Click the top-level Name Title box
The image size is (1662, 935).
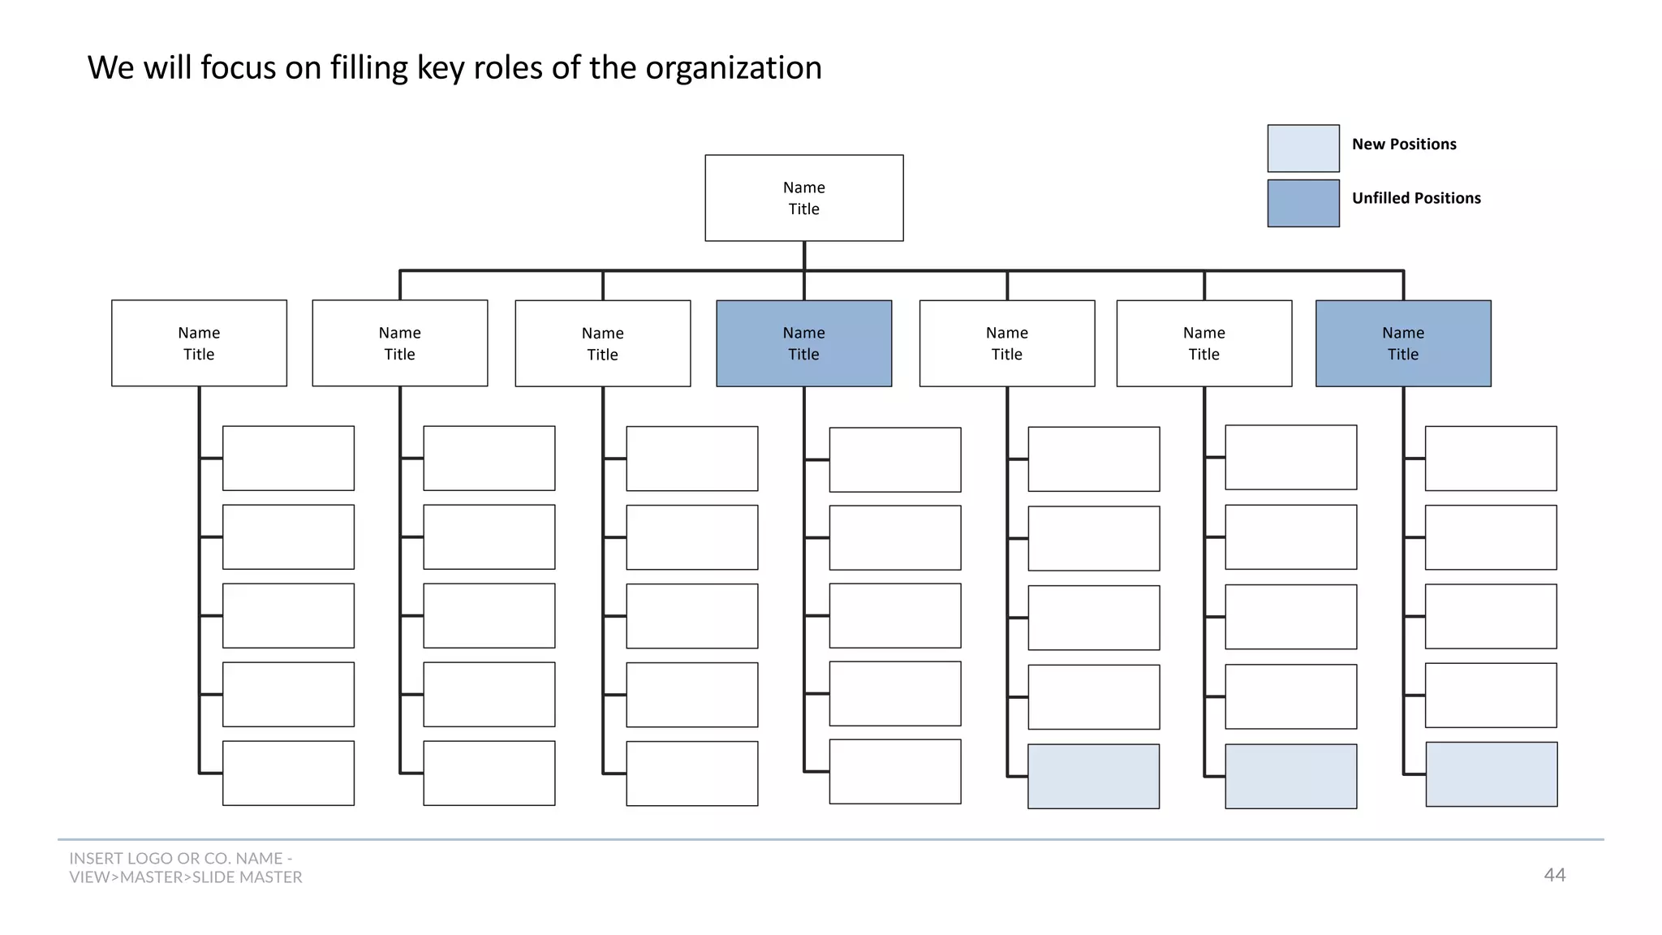click(803, 198)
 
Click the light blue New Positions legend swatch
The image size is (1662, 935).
click(1303, 148)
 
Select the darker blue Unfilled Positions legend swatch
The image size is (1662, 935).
click(1303, 203)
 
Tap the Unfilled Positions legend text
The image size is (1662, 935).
click(1416, 198)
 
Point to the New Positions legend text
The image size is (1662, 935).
click(1404, 144)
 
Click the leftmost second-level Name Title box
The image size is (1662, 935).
click(199, 343)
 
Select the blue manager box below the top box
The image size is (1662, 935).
click(803, 343)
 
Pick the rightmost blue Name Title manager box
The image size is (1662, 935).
click(1403, 343)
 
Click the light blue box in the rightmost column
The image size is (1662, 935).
click(1491, 774)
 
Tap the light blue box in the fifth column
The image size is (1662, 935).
click(1093, 776)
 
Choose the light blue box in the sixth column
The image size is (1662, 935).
click(1290, 776)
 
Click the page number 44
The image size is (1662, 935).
click(1554, 875)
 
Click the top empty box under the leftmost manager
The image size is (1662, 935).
click(288, 458)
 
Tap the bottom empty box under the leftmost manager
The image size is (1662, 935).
click(288, 773)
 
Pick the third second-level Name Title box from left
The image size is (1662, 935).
click(602, 343)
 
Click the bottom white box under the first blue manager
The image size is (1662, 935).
click(894, 771)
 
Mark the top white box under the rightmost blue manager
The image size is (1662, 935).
click(1491, 458)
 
